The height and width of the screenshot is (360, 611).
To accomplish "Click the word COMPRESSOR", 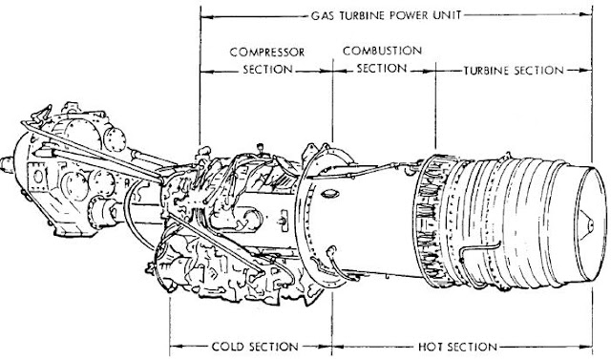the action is click(x=267, y=52).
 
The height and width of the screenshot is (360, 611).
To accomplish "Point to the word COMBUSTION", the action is click(x=382, y=51).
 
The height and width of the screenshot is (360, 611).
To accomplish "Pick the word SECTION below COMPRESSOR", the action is click(x=267, y=70).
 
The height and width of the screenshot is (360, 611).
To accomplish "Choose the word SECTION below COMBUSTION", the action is click(x=382, y=68).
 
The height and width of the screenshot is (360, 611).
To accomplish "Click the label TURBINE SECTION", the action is click(x=514, y=71).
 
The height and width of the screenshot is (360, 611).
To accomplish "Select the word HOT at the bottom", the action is click(x=430, y=347).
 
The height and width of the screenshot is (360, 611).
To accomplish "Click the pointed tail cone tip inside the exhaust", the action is click(x=592, y=223).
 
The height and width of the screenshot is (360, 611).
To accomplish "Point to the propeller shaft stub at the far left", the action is click(x=7, y=164).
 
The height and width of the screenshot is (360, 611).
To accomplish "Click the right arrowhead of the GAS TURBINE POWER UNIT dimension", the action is click(x=585, y=15).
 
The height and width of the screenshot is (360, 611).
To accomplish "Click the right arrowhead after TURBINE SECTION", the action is click(x=585, y=71).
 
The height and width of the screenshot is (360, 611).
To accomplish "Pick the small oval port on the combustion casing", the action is click(x=329, y=194).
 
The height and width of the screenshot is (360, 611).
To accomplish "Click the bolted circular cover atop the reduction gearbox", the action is click(x=115, y=139).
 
